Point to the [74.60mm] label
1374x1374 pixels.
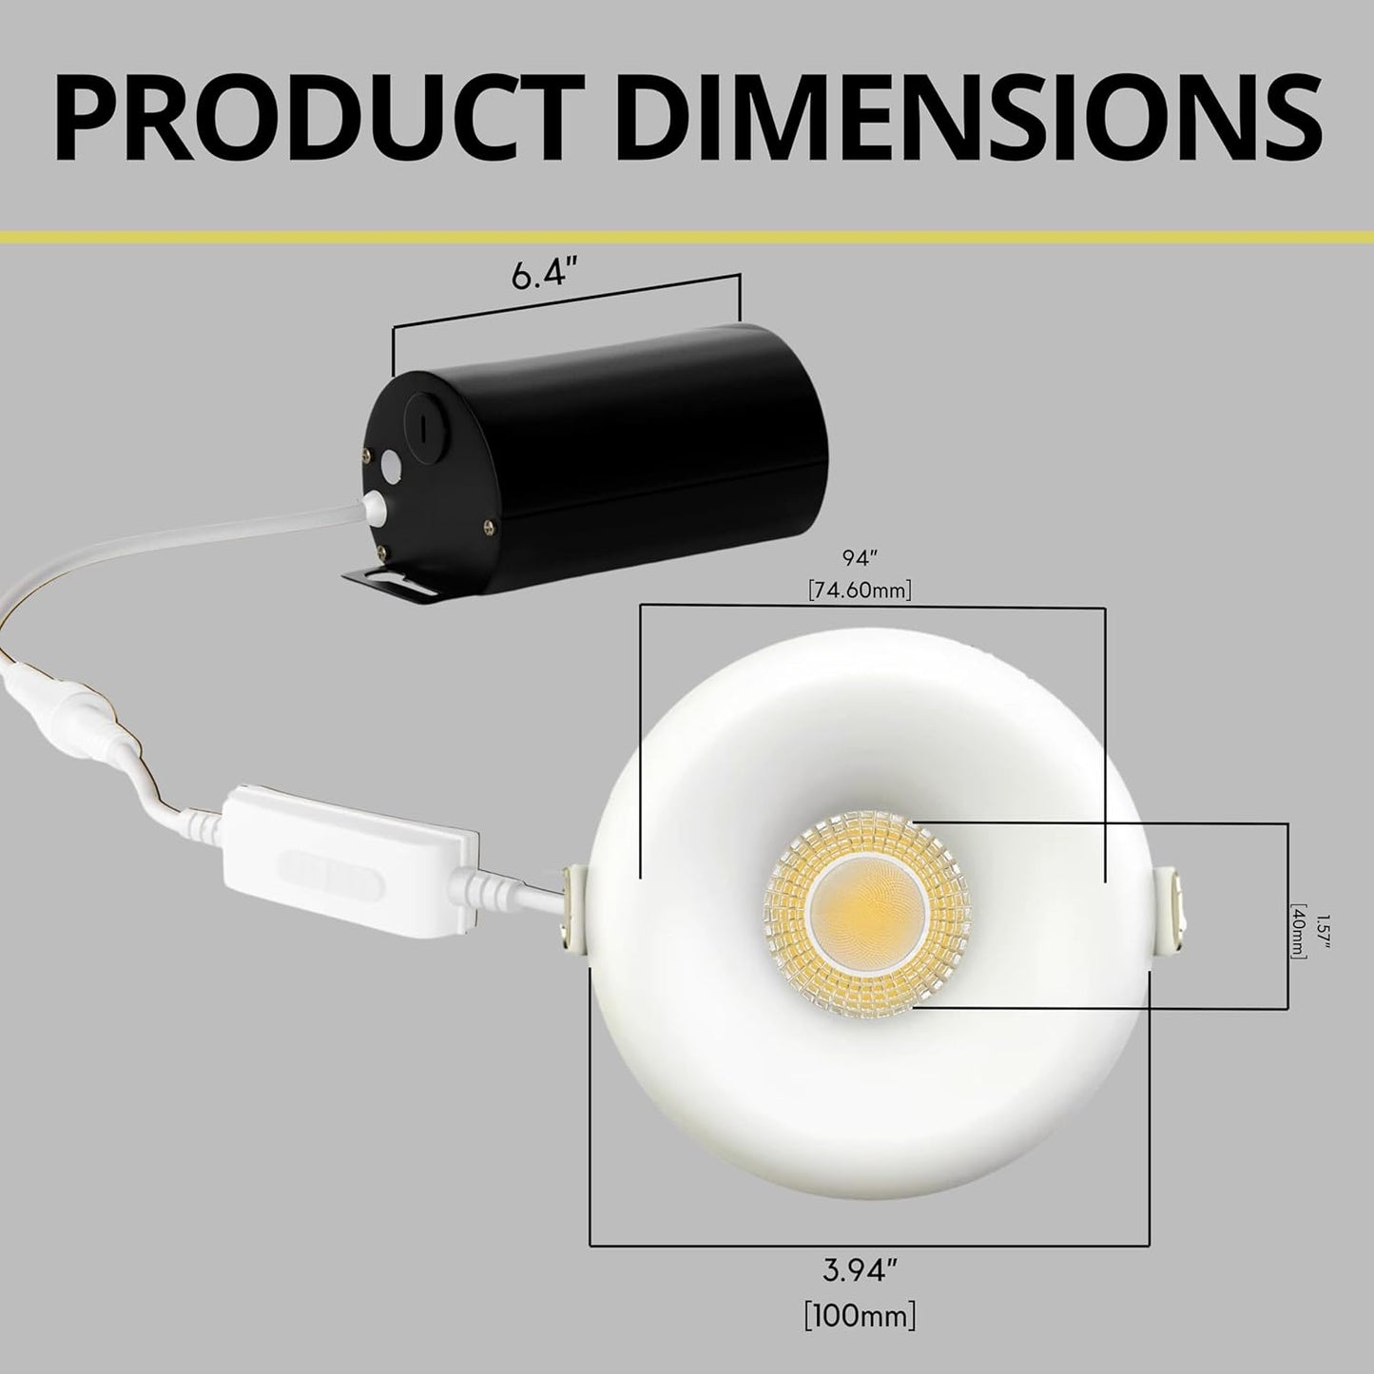click(860, 590)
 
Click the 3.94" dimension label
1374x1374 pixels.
click(859, 1269)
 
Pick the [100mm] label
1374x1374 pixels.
click(859, 1317)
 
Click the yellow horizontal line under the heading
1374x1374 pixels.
click(687, 235)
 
